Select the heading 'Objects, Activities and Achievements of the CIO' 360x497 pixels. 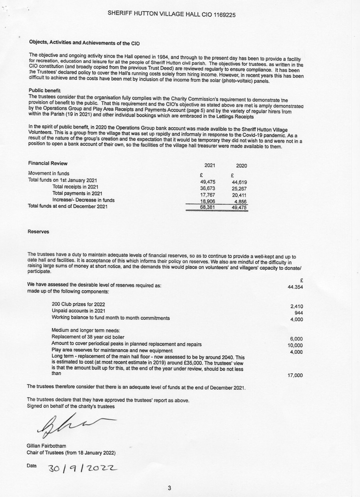pos(84,43)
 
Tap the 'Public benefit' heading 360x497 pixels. pos(44,90)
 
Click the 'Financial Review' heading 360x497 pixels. pos(48,163)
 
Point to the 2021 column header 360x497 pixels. pos(210,165)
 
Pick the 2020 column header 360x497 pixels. pos(241,166)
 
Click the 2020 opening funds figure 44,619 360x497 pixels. pos(239,182)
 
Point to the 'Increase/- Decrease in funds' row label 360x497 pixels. pos(83,200)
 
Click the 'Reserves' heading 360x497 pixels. pos(38,231)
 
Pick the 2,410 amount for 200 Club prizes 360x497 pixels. pos(296,306)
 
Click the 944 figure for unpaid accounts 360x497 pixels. pos(298,313)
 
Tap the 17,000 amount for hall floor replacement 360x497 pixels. pos(295,376)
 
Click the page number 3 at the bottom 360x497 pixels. pos(169,488)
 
